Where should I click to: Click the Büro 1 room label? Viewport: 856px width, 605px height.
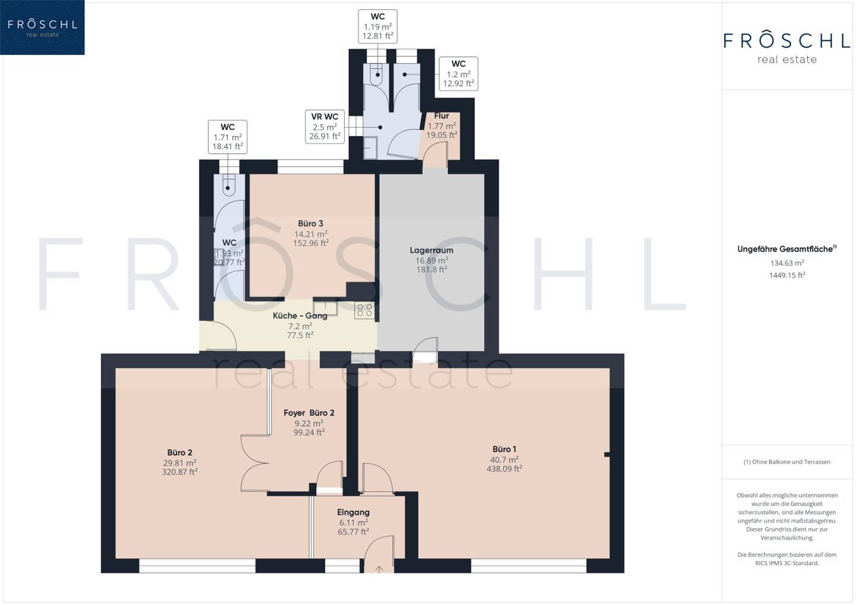[x=504, y=449]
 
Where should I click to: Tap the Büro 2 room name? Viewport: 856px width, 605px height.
[x=180, y=453]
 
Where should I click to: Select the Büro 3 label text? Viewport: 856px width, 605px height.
[x=310, y=223]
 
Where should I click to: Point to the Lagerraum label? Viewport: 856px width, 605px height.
[x=432, y=250]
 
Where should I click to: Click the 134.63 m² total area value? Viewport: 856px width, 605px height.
[x=787, y=263]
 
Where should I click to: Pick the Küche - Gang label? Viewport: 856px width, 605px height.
[x=300, y=316]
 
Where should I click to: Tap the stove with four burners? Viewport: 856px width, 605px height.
[x=364, y=310]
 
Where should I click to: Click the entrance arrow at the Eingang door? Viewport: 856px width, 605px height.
[x=379, y=569]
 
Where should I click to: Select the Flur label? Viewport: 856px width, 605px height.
[x=441, y=116]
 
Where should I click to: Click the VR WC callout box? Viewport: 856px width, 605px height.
[x=325, y=127]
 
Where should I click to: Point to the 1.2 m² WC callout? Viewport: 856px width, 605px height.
[x=458, y=74]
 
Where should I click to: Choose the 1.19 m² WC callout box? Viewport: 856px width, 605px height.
[x=377, y=26]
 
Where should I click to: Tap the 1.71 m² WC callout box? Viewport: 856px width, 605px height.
[x=227, y=137]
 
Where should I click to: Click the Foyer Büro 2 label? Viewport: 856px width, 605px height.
[x=309, y=413]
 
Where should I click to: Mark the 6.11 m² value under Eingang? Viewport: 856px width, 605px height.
[x=353, y=522]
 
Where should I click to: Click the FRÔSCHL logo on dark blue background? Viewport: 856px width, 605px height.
[x=42, y=27]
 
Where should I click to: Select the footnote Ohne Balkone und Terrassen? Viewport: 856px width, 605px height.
[x=787, y=462]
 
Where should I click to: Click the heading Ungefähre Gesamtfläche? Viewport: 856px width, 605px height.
[x=787, y=249]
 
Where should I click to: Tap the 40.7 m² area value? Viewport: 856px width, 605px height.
[x=504, y=459]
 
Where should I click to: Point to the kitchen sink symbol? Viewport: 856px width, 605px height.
[x=325, y=308]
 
